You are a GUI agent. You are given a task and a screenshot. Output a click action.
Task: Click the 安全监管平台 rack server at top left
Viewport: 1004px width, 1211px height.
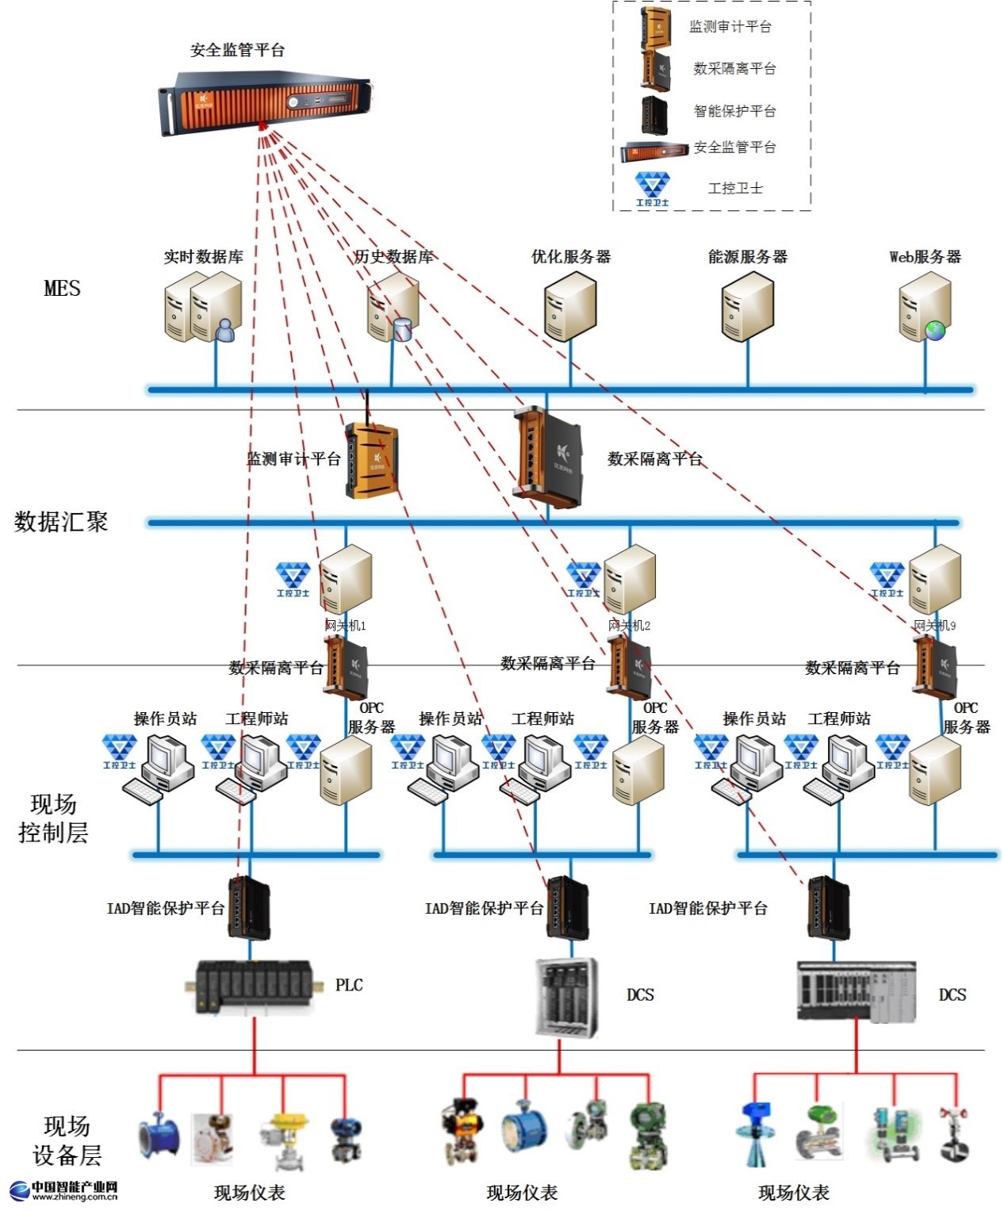point(265,102)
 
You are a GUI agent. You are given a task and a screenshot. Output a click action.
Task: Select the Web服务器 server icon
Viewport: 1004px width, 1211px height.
point(924,307)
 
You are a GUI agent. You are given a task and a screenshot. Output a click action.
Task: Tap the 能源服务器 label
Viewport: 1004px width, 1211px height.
point(747,257)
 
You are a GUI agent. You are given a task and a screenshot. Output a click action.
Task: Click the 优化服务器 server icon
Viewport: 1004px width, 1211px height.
point(569,307)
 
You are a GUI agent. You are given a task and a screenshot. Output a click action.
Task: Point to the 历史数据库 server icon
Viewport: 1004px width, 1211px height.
point(393,308)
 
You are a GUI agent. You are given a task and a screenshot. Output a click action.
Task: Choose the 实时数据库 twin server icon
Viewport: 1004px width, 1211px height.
point(204,308)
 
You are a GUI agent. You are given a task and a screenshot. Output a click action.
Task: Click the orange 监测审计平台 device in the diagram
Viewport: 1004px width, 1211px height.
point(371,461)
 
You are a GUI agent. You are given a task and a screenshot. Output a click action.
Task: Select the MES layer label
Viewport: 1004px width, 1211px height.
point(62,289)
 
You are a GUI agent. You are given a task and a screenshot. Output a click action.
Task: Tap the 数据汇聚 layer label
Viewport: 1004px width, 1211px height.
point(61,522)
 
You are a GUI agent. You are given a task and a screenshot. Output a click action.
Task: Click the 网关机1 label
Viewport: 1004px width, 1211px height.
point(345,626)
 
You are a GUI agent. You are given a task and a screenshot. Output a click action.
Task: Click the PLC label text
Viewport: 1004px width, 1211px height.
point(349,986)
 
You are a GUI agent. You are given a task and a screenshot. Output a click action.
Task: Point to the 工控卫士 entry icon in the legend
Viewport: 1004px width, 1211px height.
point(652,189)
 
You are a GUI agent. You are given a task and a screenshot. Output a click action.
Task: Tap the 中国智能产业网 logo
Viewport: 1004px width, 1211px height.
point(63,1190)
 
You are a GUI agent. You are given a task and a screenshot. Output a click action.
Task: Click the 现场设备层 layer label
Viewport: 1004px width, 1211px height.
point(67,1140)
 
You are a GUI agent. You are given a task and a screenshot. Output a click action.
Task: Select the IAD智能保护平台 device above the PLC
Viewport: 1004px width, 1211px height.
point(250,907)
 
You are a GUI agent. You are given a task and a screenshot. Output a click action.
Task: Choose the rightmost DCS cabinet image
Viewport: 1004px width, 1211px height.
point(856,991)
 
